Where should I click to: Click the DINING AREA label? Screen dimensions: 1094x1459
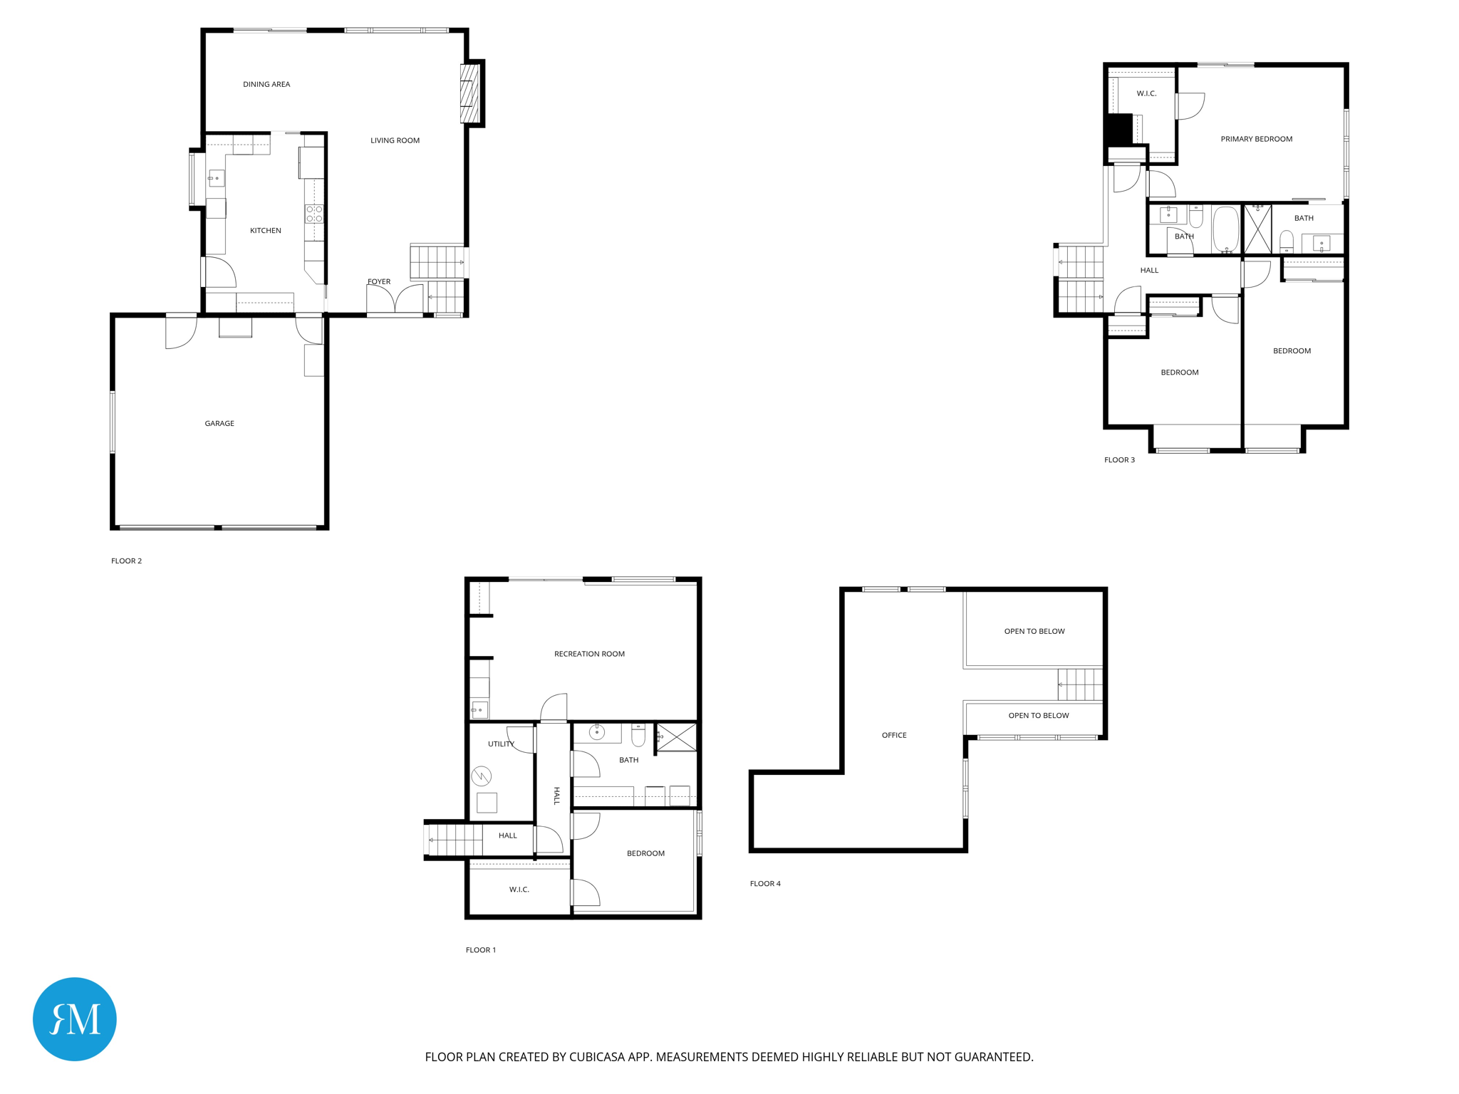(x=266, y=84)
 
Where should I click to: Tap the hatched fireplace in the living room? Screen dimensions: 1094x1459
(x=469, y=93)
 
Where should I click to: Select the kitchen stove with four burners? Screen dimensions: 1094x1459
(x=314, y=214)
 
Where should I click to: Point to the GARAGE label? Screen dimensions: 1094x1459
(x=219, y=423)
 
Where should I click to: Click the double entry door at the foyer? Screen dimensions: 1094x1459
(x=395, y=299)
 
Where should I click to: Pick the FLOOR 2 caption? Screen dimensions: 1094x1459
(x=126, y=561)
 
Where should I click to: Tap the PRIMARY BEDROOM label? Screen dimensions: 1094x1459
(x=1256, y=139)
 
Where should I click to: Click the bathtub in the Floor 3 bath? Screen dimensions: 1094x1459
(x=1226, y=229)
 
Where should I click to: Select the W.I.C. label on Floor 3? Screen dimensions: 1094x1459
(x=1146, y=93)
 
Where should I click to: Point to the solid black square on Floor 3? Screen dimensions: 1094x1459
(x=1118, y=130)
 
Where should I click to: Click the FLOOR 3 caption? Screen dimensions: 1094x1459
(x=1119, y=459)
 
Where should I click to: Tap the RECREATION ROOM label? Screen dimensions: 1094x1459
(x=589, y=654)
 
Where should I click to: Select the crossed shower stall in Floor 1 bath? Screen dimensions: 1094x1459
(x=676, y=737)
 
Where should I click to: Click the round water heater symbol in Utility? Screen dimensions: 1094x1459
(x=482, y=776)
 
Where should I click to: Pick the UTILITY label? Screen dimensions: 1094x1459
(x=501, y=744)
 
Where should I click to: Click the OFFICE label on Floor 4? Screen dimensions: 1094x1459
(x=894, y=735)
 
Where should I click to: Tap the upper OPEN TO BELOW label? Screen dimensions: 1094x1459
(x=1034, y=631)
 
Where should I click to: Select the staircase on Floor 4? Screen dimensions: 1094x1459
(x=1080, y=684)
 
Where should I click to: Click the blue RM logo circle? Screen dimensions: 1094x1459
(x=75, y=1019)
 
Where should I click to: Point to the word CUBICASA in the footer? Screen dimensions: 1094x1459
(x=598, y=1057)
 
